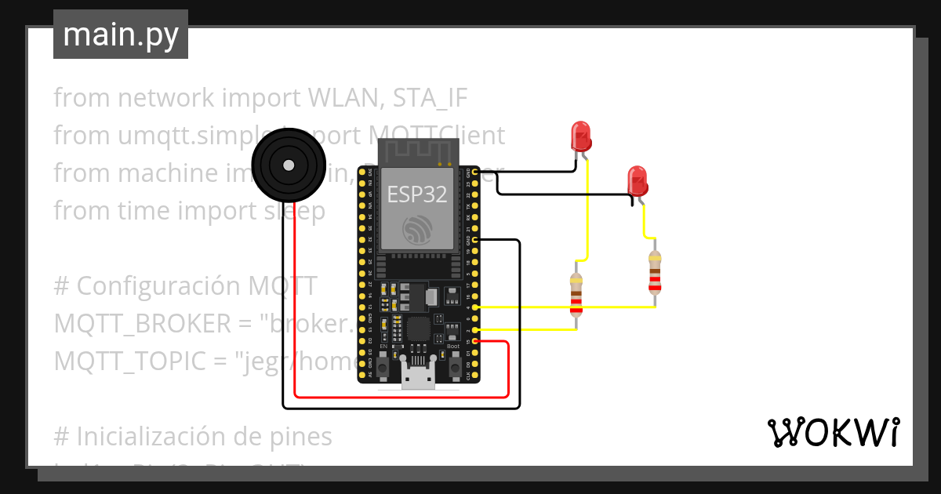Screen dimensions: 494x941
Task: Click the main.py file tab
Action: pyautogui.click(x=121, y=35)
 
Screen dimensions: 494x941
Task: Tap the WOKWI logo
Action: pyautogui.click(x=833, y=432)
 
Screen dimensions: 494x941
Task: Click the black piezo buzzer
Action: pyautogui.click(x=288, y=165)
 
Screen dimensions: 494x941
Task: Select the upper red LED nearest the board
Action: pyautogui.click(x=581, y=136)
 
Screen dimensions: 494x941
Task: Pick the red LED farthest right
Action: pyautogui.click(x=638, y=180)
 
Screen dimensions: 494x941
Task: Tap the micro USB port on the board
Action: pyautogui.click(x=417, y=377)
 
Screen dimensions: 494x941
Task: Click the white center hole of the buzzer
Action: pyautogui.click(x=288, y=165)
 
